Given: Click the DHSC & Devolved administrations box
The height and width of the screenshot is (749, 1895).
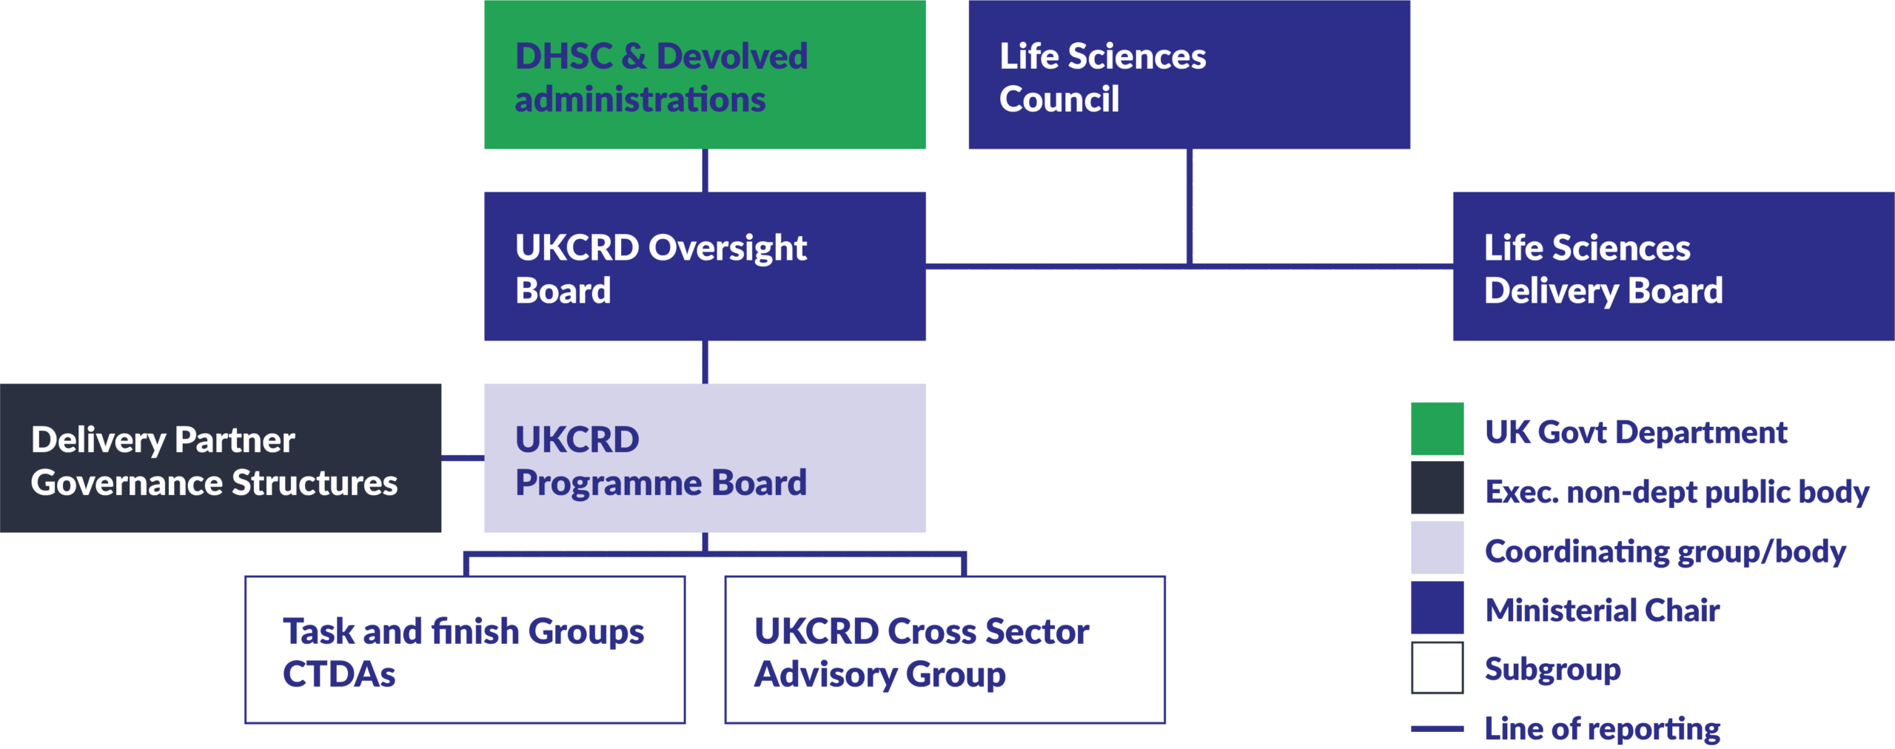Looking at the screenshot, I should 705,74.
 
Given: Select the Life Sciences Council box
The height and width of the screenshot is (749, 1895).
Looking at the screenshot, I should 1189,74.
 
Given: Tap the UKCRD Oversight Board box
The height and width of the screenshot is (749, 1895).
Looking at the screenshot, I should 705,266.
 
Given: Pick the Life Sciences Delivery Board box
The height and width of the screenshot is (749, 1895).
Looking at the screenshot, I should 1673,266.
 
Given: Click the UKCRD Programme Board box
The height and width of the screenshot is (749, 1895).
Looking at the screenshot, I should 705,457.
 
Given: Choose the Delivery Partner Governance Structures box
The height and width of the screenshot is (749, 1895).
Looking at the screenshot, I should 221,457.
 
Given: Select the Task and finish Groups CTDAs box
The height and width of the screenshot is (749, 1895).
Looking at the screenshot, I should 465,649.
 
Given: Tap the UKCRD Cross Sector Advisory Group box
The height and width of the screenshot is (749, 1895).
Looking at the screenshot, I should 945,649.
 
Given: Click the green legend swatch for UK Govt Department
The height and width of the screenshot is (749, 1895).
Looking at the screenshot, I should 1437,429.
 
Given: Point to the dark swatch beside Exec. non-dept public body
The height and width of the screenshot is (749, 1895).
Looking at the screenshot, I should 1437,488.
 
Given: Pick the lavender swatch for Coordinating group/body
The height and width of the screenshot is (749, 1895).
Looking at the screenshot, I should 1437,548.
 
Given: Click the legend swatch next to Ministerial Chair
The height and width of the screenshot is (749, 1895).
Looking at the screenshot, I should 1437,608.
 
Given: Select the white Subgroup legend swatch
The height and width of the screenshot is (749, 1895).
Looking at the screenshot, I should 1437,668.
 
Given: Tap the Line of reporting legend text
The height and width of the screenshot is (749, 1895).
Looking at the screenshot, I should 1602,729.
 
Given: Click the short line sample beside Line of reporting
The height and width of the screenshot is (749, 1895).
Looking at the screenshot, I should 1437,729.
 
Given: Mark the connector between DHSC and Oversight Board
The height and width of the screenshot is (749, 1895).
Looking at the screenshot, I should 705,170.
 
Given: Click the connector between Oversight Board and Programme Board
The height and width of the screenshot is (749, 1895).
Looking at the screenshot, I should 705,362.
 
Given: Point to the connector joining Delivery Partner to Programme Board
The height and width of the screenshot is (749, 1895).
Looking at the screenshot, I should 463,457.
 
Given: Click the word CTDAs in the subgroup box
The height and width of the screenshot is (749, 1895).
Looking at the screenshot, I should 339,674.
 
